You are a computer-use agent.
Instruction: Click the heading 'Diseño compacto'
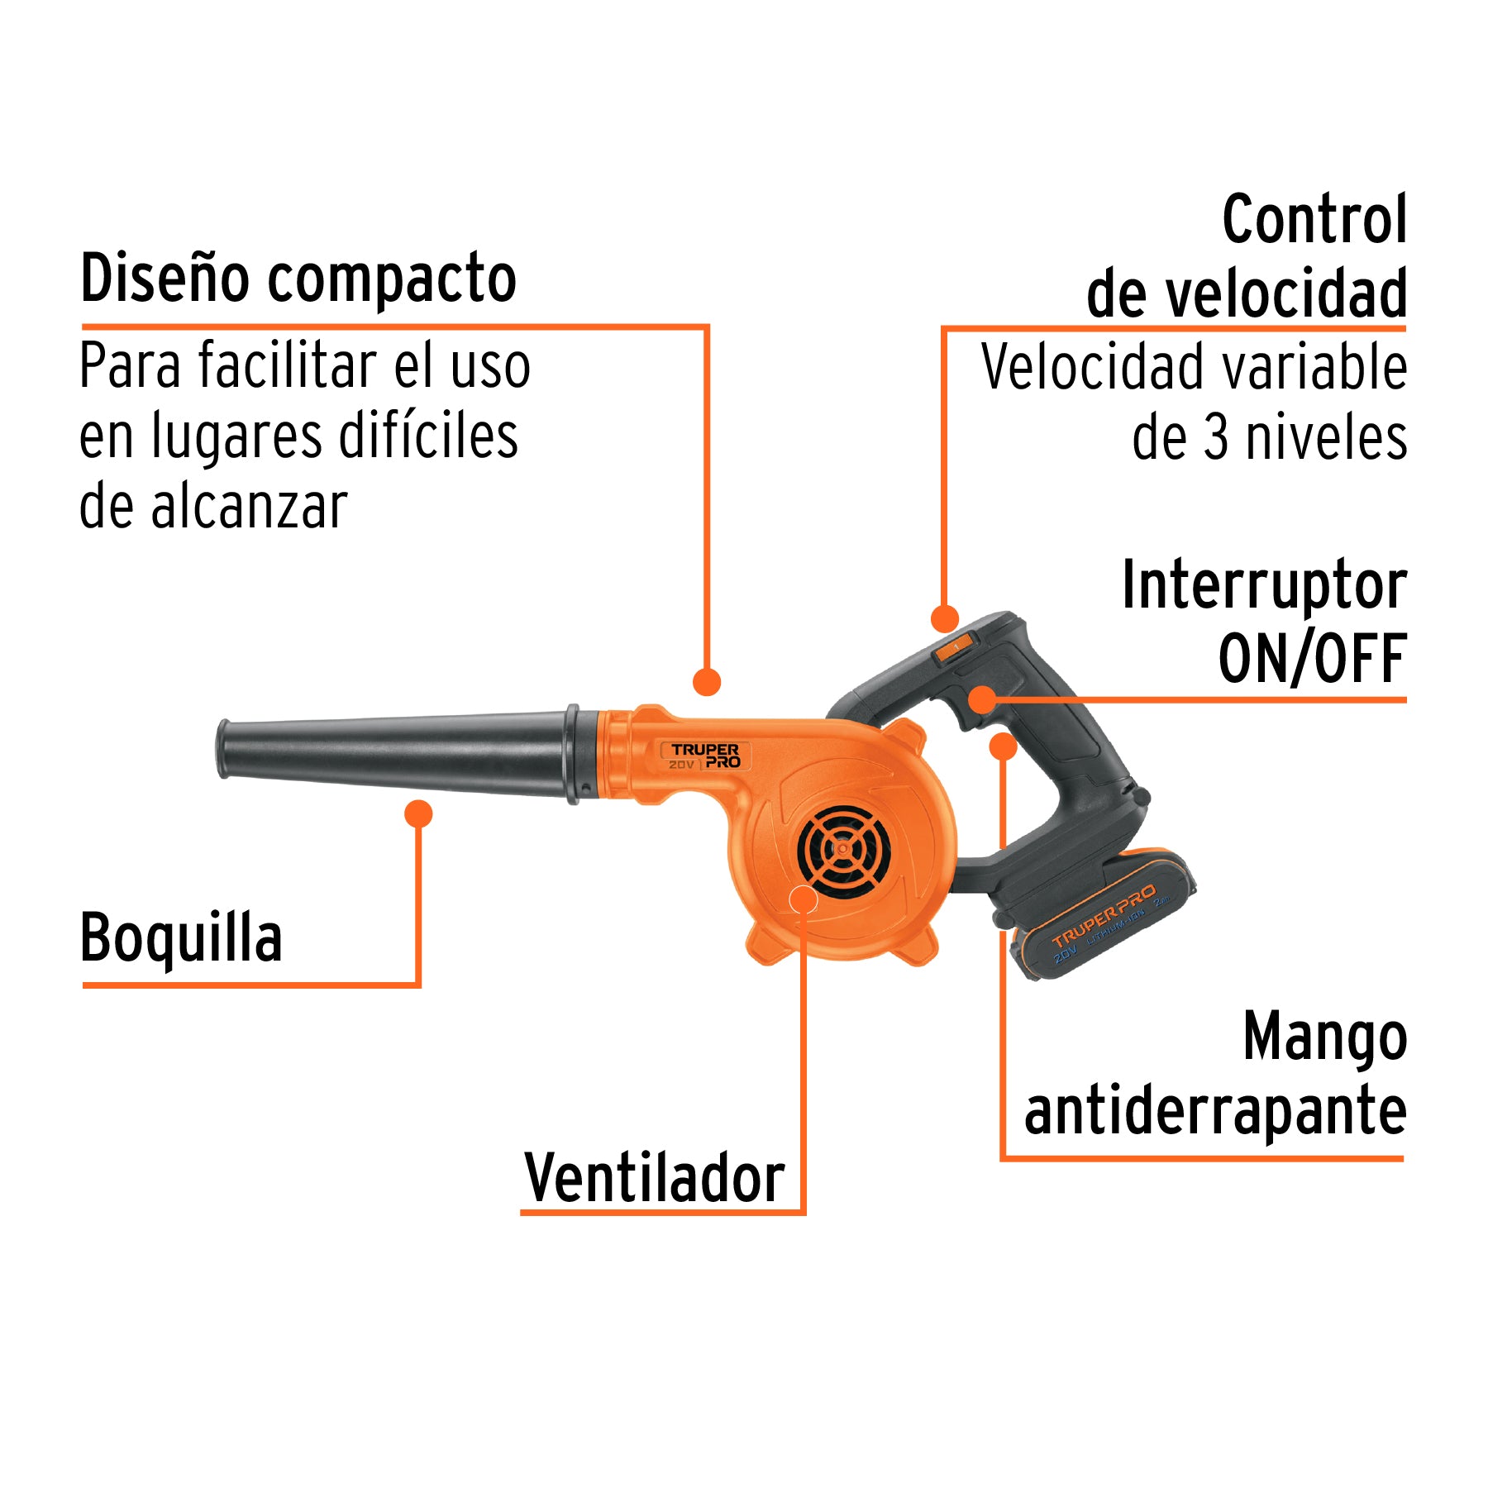(x=298, y=279)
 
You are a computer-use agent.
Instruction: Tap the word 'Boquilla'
(x=181, y=938)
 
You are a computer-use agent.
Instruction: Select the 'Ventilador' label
(x=654, y=1178)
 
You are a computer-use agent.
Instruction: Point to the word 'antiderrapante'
(x=1214, y=1112)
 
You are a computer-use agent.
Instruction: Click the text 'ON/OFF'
(x=1312, y=659)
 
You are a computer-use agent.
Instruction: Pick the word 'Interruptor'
(x=1263, y=585)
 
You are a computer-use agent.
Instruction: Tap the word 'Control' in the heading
(x=1314, y=220)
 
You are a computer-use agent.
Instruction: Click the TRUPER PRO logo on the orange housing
(x=705, y=756)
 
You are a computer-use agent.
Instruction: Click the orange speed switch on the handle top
(x=955, y=647)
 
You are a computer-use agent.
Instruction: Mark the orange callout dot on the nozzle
(x=418, y=813)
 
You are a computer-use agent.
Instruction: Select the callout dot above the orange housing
(x=707, y=682)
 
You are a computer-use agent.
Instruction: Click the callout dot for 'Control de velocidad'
(x=944, y=618)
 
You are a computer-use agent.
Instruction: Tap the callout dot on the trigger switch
(x=982, y=699)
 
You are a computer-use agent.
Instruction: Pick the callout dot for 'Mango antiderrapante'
(x=1003, y=746)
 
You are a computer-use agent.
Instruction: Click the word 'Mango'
(x=1324, y=1037)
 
